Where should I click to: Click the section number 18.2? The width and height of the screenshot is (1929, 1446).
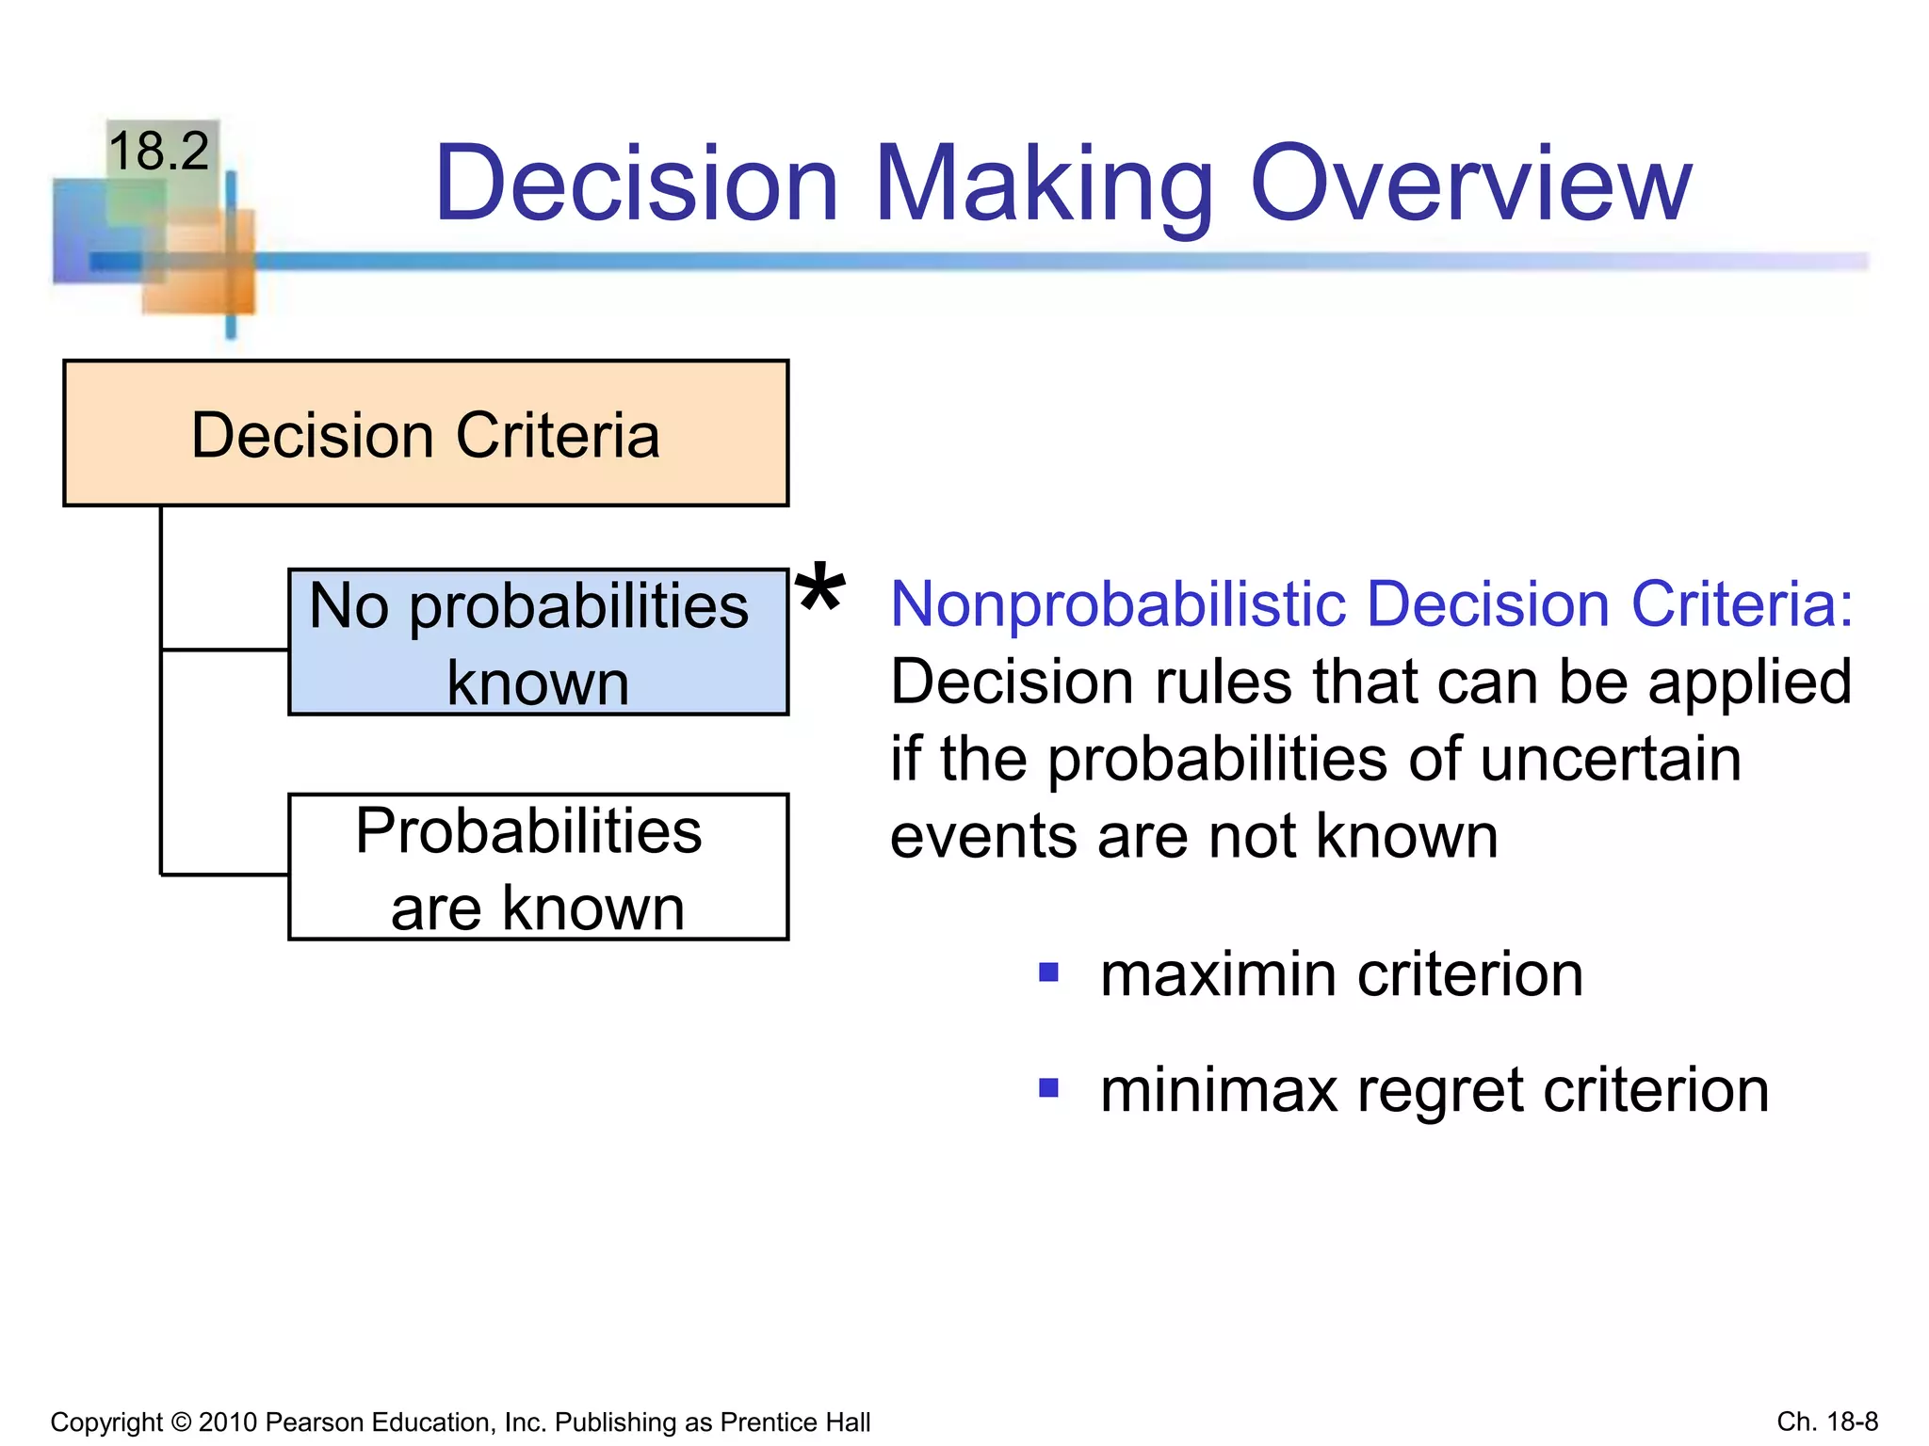click(158, 151)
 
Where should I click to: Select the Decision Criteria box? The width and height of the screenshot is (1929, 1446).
click(426, 434)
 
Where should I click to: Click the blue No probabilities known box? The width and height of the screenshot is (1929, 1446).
click(538, 643)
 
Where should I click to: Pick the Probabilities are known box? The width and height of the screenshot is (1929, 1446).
click(538, 868)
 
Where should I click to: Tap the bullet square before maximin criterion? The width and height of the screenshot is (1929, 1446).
click(1048, 972)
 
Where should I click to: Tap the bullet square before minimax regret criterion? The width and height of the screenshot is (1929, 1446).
click(1048, 1088)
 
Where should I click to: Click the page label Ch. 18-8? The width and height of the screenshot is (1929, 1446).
click(1827, 1421)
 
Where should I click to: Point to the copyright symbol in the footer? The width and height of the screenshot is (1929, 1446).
click(181, 1422)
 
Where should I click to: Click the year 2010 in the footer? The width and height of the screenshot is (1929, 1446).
click(228, 1422)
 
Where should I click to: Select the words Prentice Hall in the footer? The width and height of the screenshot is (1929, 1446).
click(794, 1422)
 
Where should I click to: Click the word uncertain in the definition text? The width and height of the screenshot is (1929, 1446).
click(1610, 760)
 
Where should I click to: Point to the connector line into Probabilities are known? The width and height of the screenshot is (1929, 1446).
click(224, 875)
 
